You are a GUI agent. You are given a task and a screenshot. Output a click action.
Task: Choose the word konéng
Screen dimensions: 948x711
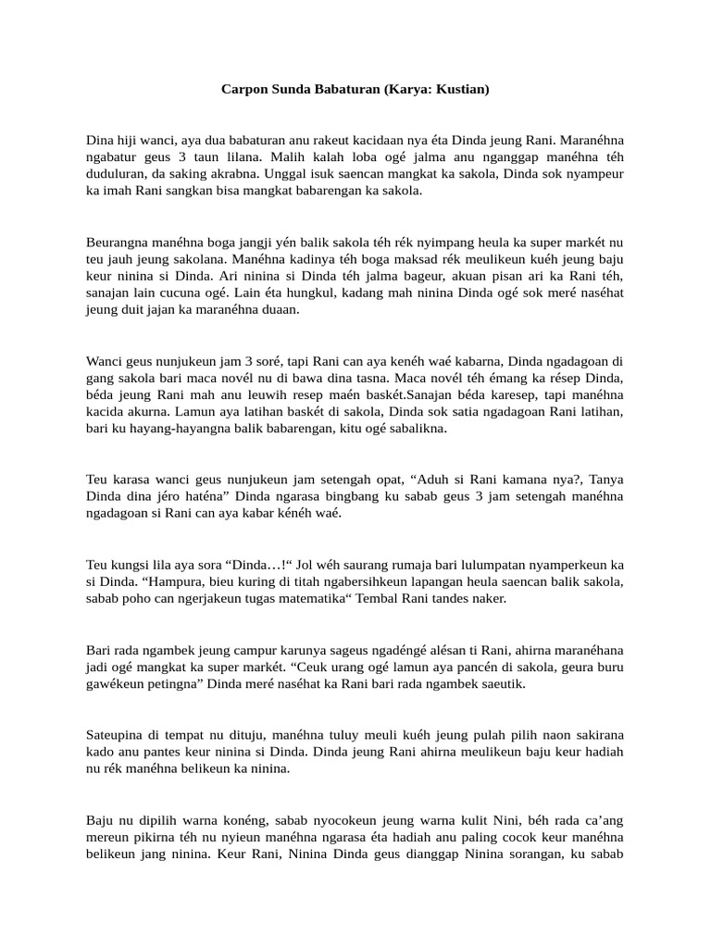coord(235,819)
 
